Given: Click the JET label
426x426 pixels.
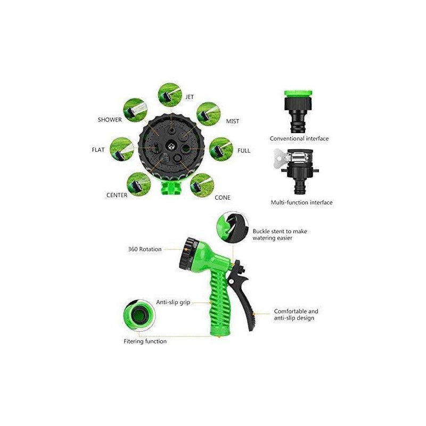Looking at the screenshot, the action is coord(190,97).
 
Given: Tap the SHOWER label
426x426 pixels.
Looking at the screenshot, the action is coord(110,120).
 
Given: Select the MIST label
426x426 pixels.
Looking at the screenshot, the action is coord(233,121).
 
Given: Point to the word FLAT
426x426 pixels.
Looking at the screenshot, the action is coord(98,150).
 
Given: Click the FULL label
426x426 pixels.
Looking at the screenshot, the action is coord(244,151).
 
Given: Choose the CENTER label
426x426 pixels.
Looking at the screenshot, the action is coord(117,195).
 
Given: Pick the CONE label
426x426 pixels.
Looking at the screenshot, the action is coord(223,198).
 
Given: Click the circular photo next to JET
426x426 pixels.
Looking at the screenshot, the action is coord(170,95).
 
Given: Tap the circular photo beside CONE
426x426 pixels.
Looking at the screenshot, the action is coord(202,185).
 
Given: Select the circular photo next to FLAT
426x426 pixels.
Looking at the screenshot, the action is coord(122,149).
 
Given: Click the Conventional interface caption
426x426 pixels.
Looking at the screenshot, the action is coord(299,138).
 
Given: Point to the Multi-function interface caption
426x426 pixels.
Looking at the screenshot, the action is coord(301,202).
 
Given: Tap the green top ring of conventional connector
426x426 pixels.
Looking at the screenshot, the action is coord(298,92).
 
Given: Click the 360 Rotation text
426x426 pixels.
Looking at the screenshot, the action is coord(145,249).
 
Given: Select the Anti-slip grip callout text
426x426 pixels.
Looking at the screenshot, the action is coord(173,302).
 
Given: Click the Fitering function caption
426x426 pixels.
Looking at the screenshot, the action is coord(145,341).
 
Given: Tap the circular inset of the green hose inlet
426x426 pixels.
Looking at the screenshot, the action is coord(140,315).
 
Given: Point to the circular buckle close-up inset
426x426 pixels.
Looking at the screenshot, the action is coord(233,227).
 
